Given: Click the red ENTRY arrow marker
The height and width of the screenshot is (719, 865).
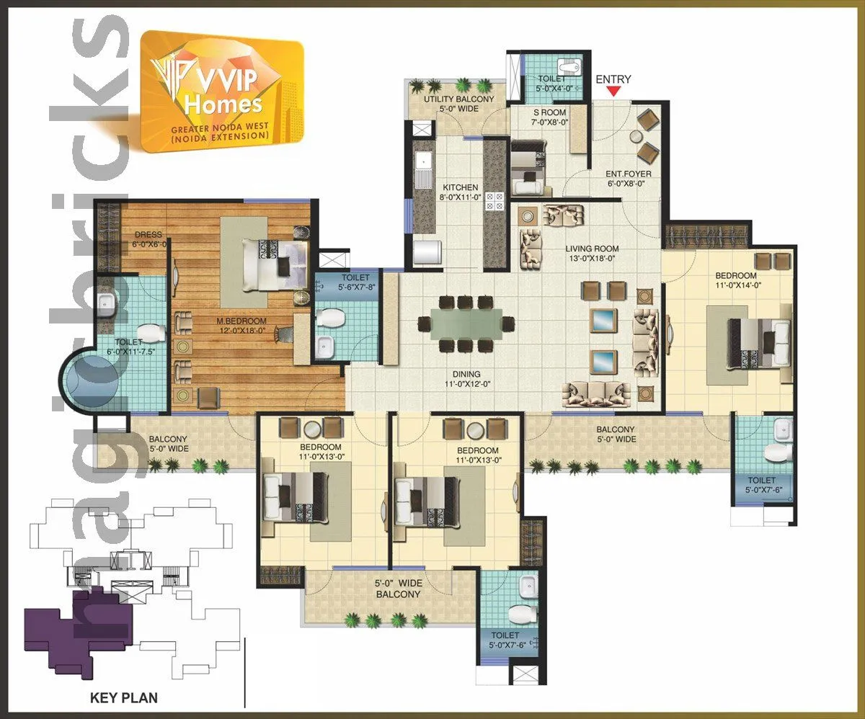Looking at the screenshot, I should (x=613, y=91).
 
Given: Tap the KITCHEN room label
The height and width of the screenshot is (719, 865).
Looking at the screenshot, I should (x=460, y=187).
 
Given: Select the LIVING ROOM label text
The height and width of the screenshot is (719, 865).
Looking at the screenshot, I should (x=592, y=249).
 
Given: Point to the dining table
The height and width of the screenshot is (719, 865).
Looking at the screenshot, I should (x=463, y=323).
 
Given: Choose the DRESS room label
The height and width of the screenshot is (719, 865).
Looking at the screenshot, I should (x=148, y=235).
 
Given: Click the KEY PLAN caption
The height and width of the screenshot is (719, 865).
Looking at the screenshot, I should (x=123, y=697).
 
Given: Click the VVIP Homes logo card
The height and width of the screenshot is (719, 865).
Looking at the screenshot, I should (x=222, y=91).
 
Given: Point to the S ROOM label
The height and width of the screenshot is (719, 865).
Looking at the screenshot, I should (x=549, y=112).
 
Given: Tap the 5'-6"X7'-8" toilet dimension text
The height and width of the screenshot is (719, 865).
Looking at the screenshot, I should (x=355, y=287).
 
